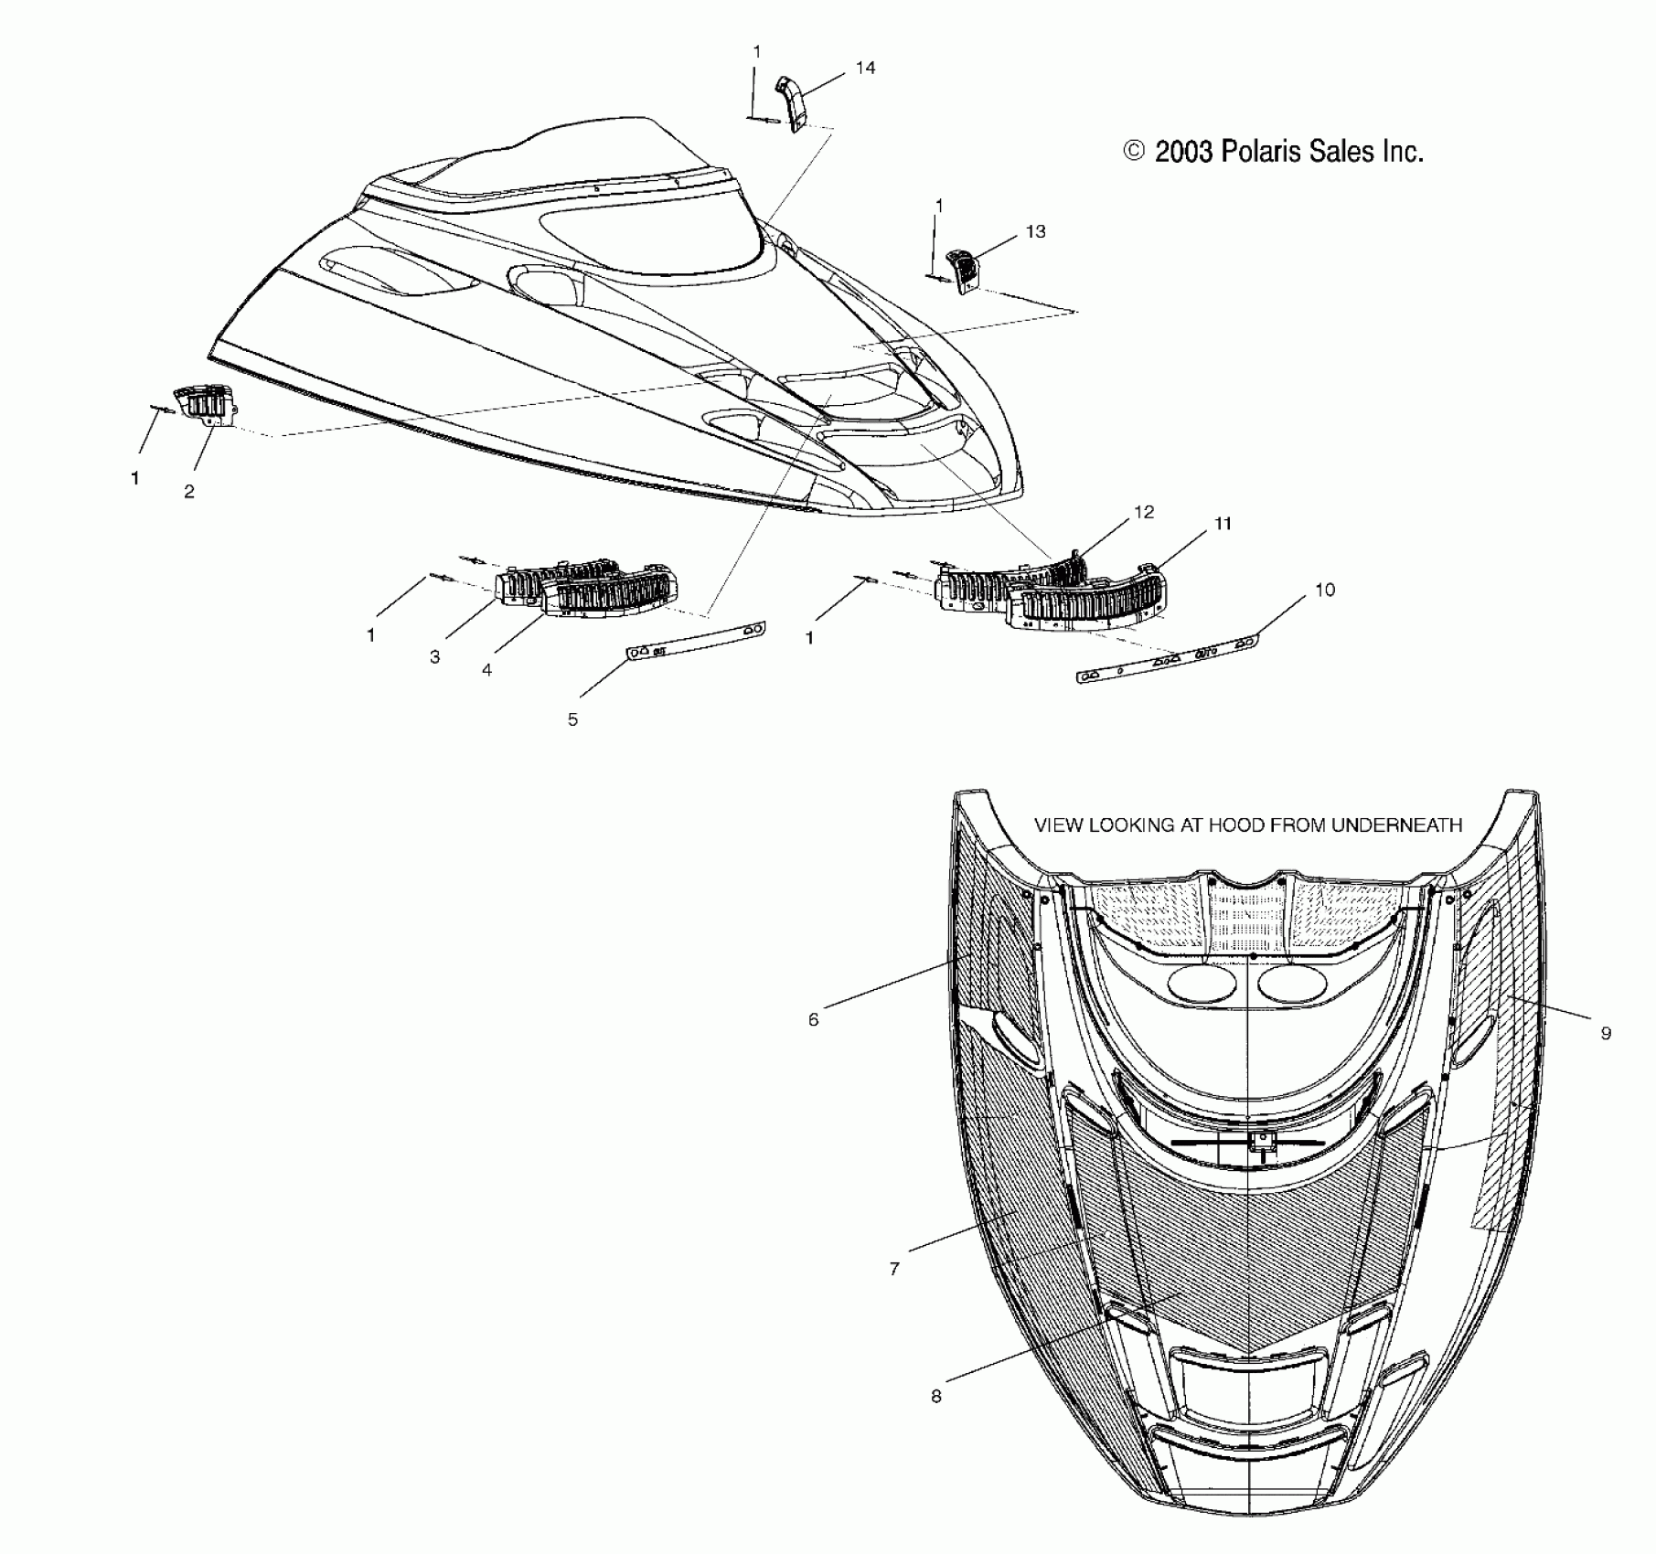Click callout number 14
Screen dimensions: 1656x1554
865,68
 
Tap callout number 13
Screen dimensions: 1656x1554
1035,231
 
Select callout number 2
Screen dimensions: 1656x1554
189,492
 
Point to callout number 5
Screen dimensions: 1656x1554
572,719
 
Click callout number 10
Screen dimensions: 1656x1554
1325,590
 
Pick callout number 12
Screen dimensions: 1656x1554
1144,512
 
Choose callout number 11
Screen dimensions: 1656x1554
1223,524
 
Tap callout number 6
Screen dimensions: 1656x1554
814,1019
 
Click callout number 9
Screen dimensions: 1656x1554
1606,1033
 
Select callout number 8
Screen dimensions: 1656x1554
935,1397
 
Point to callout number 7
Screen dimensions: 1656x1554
894,1269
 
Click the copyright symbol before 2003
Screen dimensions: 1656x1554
1134,151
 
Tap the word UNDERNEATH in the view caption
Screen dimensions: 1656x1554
1396,825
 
